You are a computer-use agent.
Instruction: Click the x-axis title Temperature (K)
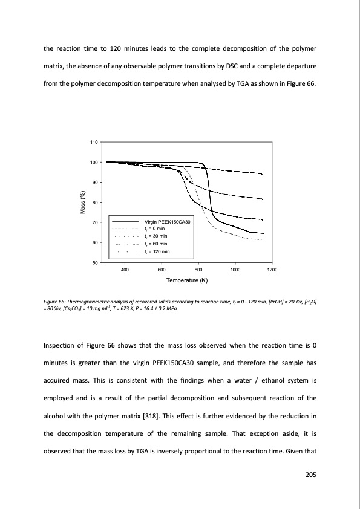(186, 280)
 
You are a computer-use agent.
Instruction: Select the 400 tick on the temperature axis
(125, 270)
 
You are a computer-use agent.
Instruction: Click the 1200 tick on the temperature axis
(272, 270)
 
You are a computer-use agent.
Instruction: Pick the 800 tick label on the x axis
(198, 270)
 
